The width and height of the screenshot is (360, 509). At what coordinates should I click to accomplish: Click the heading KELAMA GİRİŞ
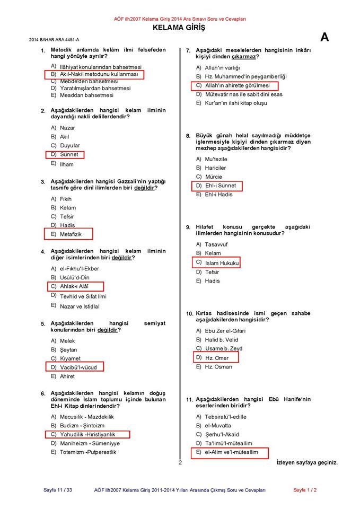pyautogui.click(x=179, y=28)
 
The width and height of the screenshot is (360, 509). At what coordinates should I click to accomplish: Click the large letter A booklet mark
pyautogui.click(x=324, y=37)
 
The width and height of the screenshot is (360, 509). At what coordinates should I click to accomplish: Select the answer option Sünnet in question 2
pyautogui.click(x=69, y=154)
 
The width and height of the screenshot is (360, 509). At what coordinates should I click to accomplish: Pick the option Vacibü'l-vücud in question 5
pyautogui.click(x=78, y=367)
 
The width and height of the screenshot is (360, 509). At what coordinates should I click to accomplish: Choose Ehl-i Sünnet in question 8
pyautogui.click(x=220, y=186)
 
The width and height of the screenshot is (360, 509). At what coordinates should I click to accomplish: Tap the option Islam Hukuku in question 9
pyautogui.click(x=222, y=263)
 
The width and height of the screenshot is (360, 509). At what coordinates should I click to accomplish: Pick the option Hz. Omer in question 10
pyautogui.click(x=217, y=358)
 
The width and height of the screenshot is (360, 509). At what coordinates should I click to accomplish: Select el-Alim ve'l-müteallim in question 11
pyautogui.click(x=231, y=452)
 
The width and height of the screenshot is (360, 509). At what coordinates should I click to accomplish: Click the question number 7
pyautogui.click(x=188, y=50)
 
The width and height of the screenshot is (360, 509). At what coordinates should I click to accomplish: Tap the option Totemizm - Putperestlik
pyautogui.click(x=88, y=452)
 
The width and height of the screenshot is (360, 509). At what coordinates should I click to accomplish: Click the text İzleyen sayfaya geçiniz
pyautogui.click(x=307, y=463)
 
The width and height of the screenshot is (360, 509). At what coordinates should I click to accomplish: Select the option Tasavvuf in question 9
pyautogui.click(x=216, y=244)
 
